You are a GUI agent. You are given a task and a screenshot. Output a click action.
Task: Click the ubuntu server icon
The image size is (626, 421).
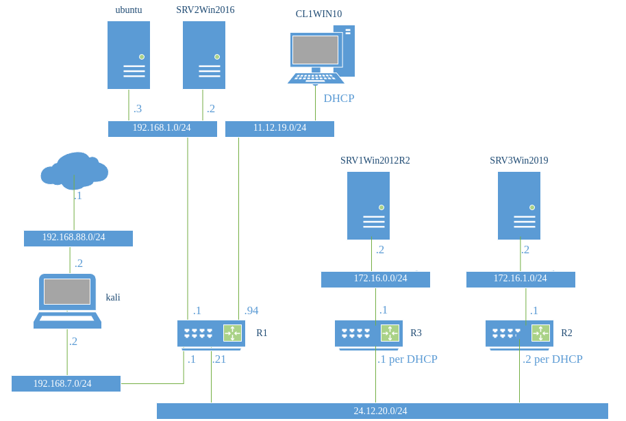coord(129,55)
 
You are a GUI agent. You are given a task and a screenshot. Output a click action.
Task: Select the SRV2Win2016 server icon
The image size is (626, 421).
coord(204,55)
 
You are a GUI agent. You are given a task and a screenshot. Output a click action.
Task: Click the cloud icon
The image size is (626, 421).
coord(74,170)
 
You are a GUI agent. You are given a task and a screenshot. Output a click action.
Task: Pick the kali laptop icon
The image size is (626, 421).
coord(67,301)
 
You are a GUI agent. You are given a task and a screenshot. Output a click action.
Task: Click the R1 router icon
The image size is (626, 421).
coord(211,333)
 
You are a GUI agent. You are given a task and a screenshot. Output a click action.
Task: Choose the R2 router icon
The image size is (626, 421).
coord(519,333)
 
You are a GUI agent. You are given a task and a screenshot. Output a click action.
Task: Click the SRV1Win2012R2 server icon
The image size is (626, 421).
coord(368,205)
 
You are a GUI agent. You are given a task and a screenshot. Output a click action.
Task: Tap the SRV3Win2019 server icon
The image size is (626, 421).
coord(519,205)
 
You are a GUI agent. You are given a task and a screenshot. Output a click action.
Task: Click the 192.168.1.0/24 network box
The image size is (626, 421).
coord(162,129)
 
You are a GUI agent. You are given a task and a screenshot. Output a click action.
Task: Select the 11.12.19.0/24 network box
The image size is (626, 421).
coord(279,129)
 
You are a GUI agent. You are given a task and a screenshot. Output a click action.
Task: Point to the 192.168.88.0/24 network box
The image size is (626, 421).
coord(78,238)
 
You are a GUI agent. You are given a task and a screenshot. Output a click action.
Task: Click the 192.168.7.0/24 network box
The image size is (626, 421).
coord(66,383)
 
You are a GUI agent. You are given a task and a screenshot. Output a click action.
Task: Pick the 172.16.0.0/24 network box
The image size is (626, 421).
coord(375,279)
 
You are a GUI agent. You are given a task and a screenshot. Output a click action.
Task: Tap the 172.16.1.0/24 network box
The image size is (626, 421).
coord(521,279)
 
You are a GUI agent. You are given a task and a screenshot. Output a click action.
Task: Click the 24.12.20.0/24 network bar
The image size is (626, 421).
coord(382,411)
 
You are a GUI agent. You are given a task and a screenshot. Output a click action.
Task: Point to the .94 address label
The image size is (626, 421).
coord(252,311)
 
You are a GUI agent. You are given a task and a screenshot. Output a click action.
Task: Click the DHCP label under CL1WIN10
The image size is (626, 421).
coord(338,99)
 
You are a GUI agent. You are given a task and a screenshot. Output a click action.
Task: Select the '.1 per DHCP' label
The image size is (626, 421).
coord(408,359)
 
